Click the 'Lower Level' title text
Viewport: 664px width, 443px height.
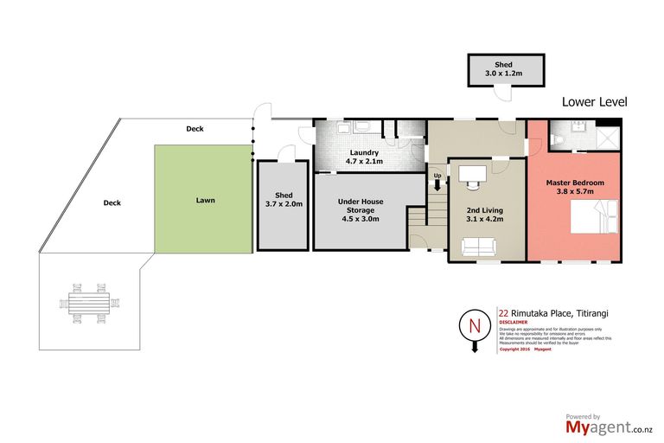(x=594, y=101)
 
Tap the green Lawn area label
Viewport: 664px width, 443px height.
(x=205, y=200)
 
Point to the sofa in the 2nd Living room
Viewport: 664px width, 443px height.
(x=478, y=248)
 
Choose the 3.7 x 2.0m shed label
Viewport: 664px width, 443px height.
(x=283, y=200)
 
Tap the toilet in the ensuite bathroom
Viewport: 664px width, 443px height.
(x=558, y=138)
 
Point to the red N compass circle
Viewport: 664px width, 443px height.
(x=473, y=326)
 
